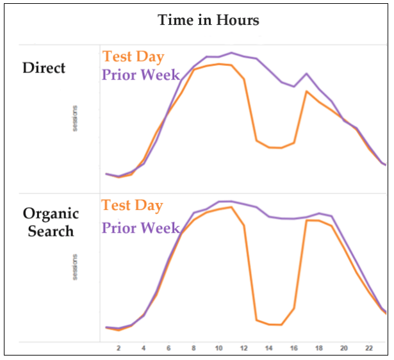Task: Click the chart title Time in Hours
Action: [x=209, y=20]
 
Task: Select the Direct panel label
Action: [x=44, y=67]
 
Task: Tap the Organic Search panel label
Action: [x=51, y=222]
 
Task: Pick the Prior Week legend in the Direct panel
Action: [x=141, y=75]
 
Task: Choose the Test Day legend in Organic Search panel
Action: [x=133, y=206]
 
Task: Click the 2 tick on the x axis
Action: [x=119, y=348]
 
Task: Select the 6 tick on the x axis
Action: [x=168, y=348]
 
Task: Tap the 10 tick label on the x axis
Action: [x=218, y=348]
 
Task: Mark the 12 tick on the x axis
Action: [x=243, y=348]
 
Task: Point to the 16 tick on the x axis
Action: [x=293, y=348]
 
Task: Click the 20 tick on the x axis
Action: [x=343, y=348]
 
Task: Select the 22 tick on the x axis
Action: [x=368, y=348]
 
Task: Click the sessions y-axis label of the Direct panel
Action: [x=75, y=119]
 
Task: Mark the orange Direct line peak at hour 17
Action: [x=306, y=91]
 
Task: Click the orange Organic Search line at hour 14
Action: [x=269, y=324]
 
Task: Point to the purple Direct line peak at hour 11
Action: [x=231, y=53]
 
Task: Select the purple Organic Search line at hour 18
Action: [x=319, y=213]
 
